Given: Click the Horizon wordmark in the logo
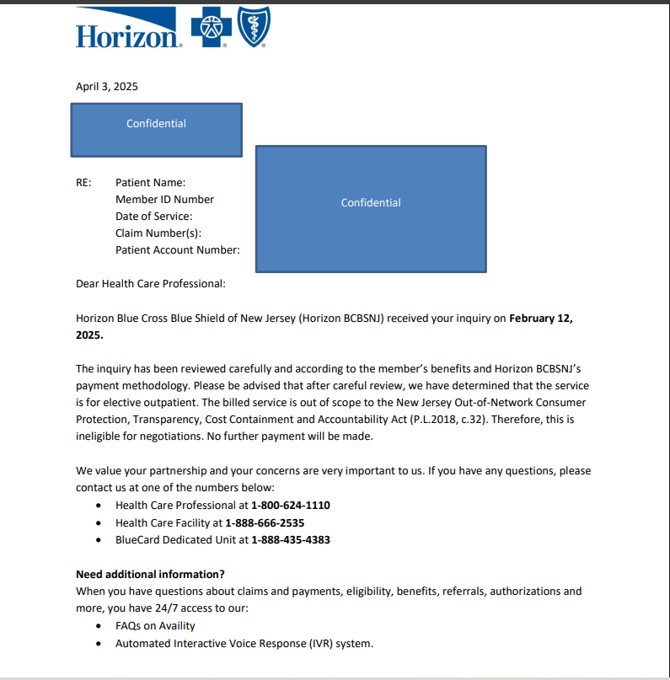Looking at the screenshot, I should click(x=128, y=35).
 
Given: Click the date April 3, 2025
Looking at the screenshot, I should click(x=107, y=87).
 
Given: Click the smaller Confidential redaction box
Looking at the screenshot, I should click(x=156, y=130).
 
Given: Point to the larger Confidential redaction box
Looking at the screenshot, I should click(x=371, y=208).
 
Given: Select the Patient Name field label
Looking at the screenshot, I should click(x=150, y=183).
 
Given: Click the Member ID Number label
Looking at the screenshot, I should click(x=164, y=200).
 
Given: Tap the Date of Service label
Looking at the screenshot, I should click(x=153, y=217).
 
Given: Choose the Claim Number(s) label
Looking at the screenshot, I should click(x=158, y=233).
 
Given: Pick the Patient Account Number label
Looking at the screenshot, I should click(x=178, y=250).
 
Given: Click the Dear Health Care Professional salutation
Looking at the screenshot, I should click(x=151, y=284).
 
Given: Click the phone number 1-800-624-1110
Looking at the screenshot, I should click(x=291, y=506).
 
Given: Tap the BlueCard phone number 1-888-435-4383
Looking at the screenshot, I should click(x=291, y=540).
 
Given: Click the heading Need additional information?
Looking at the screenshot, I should click(x=150, y=575).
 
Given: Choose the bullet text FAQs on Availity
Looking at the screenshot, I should click(x=155, y=626).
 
